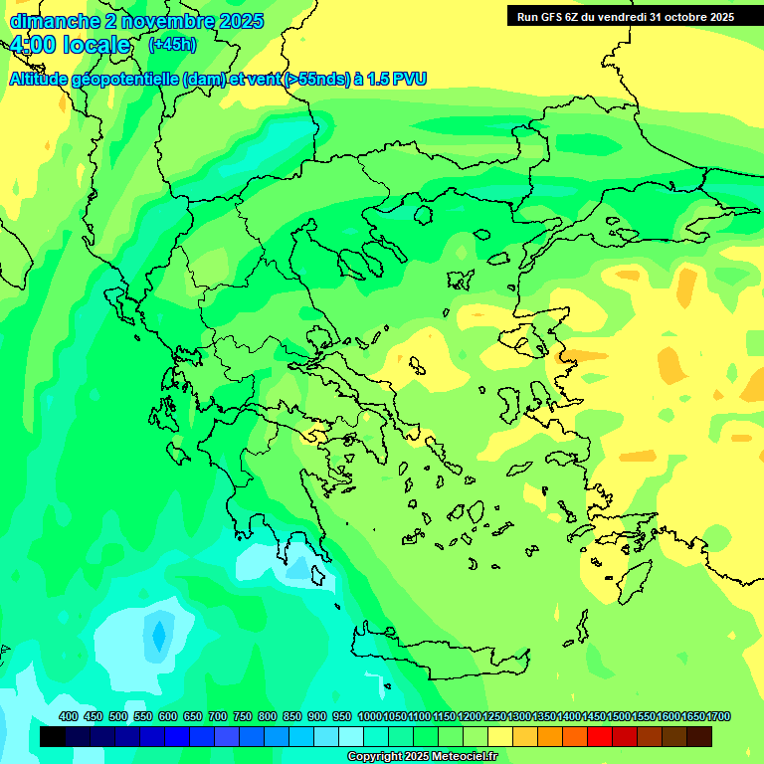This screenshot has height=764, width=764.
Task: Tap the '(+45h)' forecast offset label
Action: coord(172,45)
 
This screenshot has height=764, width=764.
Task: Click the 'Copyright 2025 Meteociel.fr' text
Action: coord(421,757)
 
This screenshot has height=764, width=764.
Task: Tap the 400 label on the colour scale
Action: coord(69,717)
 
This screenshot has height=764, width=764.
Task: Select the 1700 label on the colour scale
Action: coord(718,717)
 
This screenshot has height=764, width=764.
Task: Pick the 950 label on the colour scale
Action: coord(342,717)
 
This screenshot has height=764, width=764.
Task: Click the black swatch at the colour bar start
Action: coord(53,737)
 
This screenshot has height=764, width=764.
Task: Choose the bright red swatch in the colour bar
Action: coord(600,737)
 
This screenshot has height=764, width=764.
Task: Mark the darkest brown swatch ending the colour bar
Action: coord(699,737)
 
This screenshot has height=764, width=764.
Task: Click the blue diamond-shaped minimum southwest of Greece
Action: coord(158,635)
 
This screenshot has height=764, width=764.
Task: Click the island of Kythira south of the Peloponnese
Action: coord(338,605)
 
